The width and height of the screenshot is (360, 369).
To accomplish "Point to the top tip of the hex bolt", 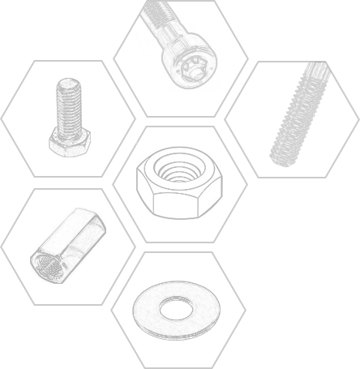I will click(70, 81).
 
